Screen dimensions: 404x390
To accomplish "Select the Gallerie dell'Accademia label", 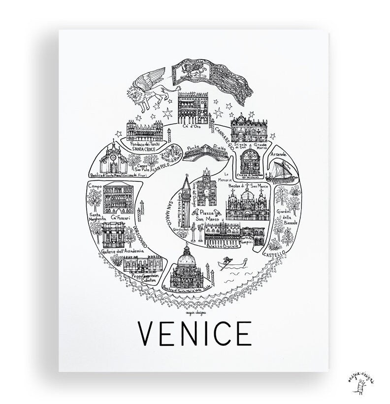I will (x=123, y=251).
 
